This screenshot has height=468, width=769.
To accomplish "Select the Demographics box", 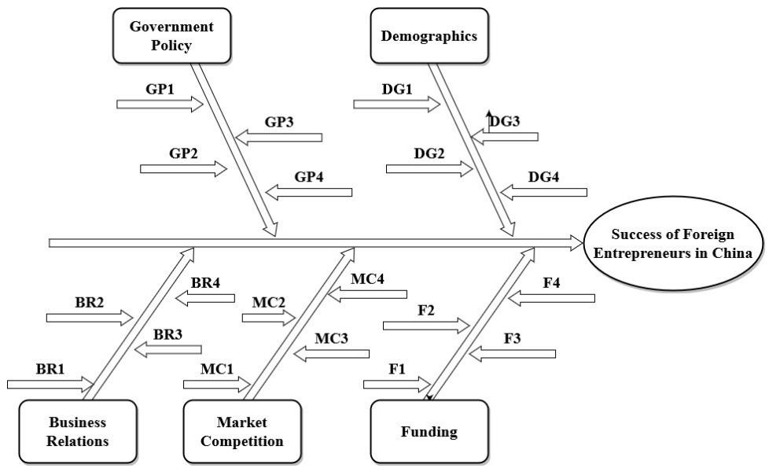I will pyautogui.click(x=429, y=35).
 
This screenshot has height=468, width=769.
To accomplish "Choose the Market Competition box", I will pyautogui.click(x=242, y=431).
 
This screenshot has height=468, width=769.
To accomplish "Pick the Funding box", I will pyautogui.click(x=429, y=431).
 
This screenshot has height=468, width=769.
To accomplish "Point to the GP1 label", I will pyautogui.click(x=159, y=88).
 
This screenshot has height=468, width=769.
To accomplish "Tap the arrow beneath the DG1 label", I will pyautogui.click(x=396, y=103).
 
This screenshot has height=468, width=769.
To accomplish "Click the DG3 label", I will pyautogui.click(x=505, y=121).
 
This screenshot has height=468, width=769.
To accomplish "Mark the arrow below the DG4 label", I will pyautogui.click(x=543, y=192).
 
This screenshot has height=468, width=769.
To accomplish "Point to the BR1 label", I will pyautogui.click(x=50, y=368).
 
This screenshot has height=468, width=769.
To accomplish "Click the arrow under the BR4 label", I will pyautogui.click(x=204, y=298).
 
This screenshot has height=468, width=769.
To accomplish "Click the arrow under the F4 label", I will pyautogui.click(x=551, y=297).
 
